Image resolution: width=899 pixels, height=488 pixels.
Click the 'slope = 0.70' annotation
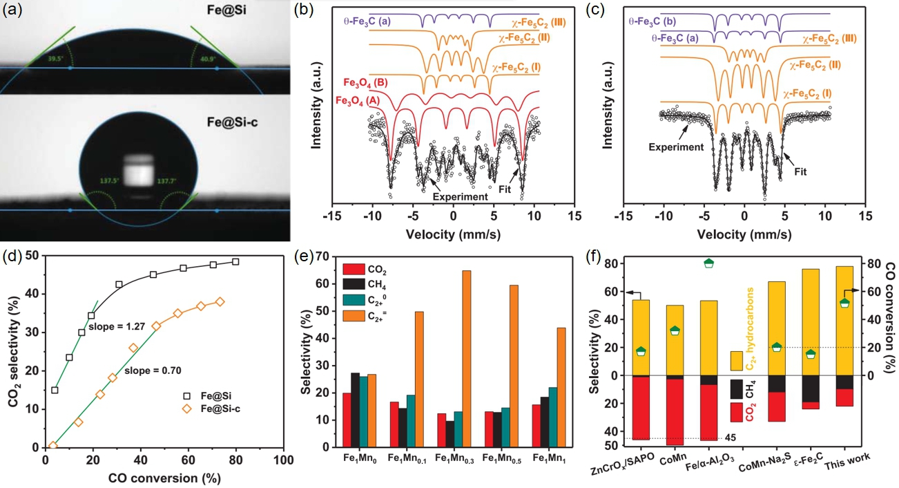coord(155,371)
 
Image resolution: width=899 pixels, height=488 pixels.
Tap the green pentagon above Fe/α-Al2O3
coord(708,263)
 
